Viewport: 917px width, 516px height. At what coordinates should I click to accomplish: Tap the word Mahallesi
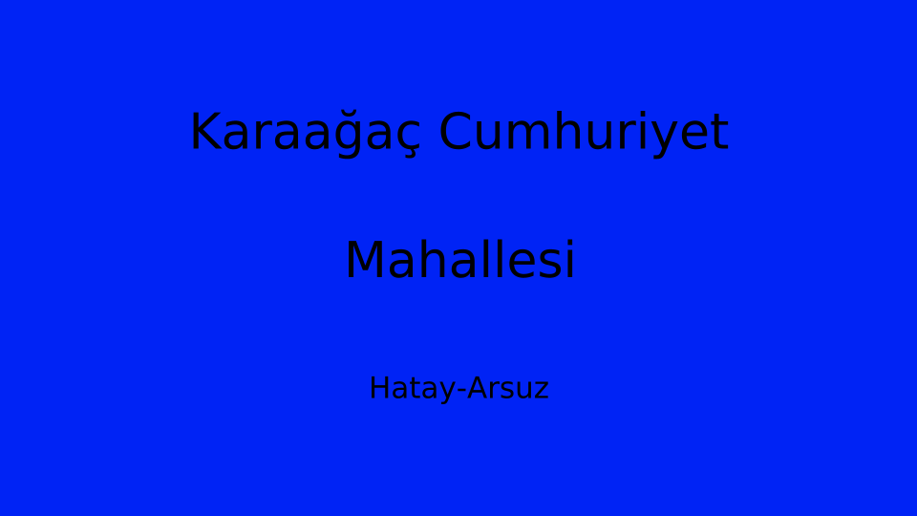(460, 259)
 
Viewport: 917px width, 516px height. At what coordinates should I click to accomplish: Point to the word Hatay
(413, 389)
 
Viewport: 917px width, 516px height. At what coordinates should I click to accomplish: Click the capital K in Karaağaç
(205, 132)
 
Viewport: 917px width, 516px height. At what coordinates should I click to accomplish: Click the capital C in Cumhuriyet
(455, 132)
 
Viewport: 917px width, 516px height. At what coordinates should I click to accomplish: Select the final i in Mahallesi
(570, 259)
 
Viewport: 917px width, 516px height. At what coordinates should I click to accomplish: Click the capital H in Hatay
(379, 389)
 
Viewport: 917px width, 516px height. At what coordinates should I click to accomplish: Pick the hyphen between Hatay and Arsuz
(461, 390)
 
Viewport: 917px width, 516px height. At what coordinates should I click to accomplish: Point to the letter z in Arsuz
(542, 392)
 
